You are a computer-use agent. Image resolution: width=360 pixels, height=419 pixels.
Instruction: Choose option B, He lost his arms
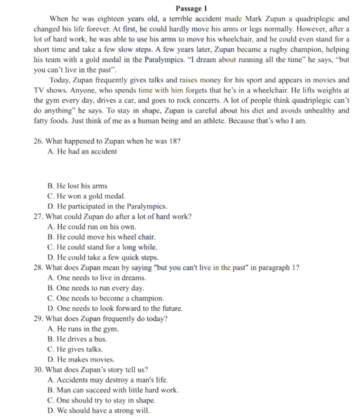pyautogui.click(x=78, y=186)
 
